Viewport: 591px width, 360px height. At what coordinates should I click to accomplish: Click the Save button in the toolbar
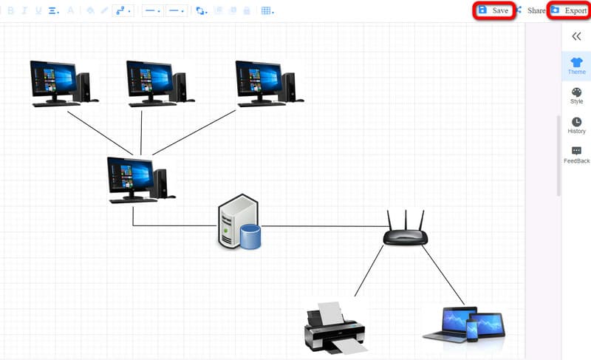point(493,10)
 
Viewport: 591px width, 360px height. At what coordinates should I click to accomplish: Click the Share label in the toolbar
point(536,10)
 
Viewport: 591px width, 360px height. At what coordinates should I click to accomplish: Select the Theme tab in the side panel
point(576,66)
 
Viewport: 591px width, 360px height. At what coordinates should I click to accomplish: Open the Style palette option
point(576,95)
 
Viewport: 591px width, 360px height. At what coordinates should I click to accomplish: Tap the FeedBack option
point(576,154)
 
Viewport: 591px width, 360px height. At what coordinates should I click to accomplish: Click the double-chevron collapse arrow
point(576,35)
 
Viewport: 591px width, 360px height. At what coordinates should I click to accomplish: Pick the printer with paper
point(335,325)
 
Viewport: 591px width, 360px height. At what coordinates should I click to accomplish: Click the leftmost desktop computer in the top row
point(61,83)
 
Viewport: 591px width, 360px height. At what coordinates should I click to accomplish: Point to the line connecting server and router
point(325,226)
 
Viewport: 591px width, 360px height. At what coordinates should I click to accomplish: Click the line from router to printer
point(369,271)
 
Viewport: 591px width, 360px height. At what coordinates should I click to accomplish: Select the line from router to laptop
point(443,275)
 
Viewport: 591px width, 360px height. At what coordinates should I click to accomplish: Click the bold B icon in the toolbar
point(10,10)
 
